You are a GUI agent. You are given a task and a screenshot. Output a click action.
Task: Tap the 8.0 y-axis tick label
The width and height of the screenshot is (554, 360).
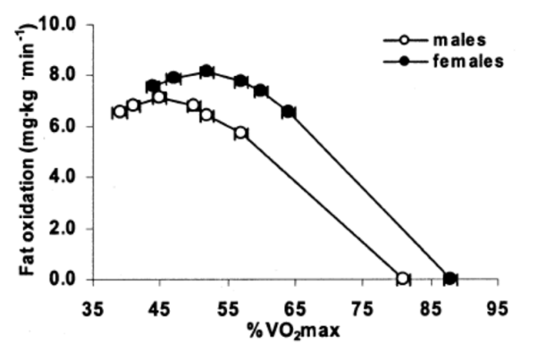pos(66,75)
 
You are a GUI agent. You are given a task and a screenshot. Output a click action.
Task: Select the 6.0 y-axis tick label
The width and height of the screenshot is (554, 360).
pos(66,126)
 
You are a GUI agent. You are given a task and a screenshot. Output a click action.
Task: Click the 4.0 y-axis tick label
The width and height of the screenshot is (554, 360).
pos(66,177)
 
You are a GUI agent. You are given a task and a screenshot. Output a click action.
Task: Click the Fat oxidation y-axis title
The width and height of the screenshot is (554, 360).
pos(30,152)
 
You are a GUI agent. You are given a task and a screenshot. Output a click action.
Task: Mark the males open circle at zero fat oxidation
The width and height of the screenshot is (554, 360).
pos(402,279)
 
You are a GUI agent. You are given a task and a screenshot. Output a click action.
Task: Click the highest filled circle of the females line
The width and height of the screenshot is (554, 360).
pos(206,71)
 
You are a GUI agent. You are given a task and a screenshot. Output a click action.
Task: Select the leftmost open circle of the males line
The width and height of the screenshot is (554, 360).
pos(120,112)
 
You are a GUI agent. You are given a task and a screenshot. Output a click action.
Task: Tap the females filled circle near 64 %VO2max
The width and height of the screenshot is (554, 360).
pos(288,112)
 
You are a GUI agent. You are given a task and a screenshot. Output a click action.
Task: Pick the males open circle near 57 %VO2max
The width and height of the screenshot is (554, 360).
pos(240,132)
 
